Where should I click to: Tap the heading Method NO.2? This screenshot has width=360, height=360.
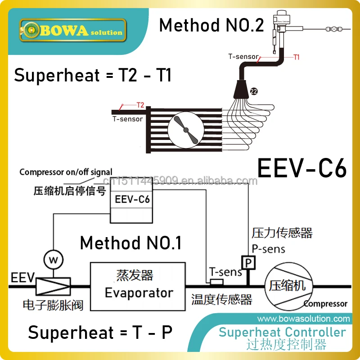point(211,25)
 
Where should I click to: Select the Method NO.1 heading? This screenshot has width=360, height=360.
point(130,243)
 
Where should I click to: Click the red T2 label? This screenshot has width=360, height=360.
point(140,105)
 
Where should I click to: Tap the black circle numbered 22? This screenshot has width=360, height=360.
point(253,91)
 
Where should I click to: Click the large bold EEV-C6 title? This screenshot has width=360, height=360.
point(302,170)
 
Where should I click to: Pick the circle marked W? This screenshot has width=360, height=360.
point(53,259)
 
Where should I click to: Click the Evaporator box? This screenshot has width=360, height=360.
point(138,286)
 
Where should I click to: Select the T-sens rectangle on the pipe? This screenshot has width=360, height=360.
point(217,282)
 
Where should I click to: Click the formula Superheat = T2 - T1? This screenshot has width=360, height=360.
point(93,75)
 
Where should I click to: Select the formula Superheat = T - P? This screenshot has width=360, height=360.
point(100,333)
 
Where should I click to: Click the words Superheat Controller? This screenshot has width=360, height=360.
point(283,333)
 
